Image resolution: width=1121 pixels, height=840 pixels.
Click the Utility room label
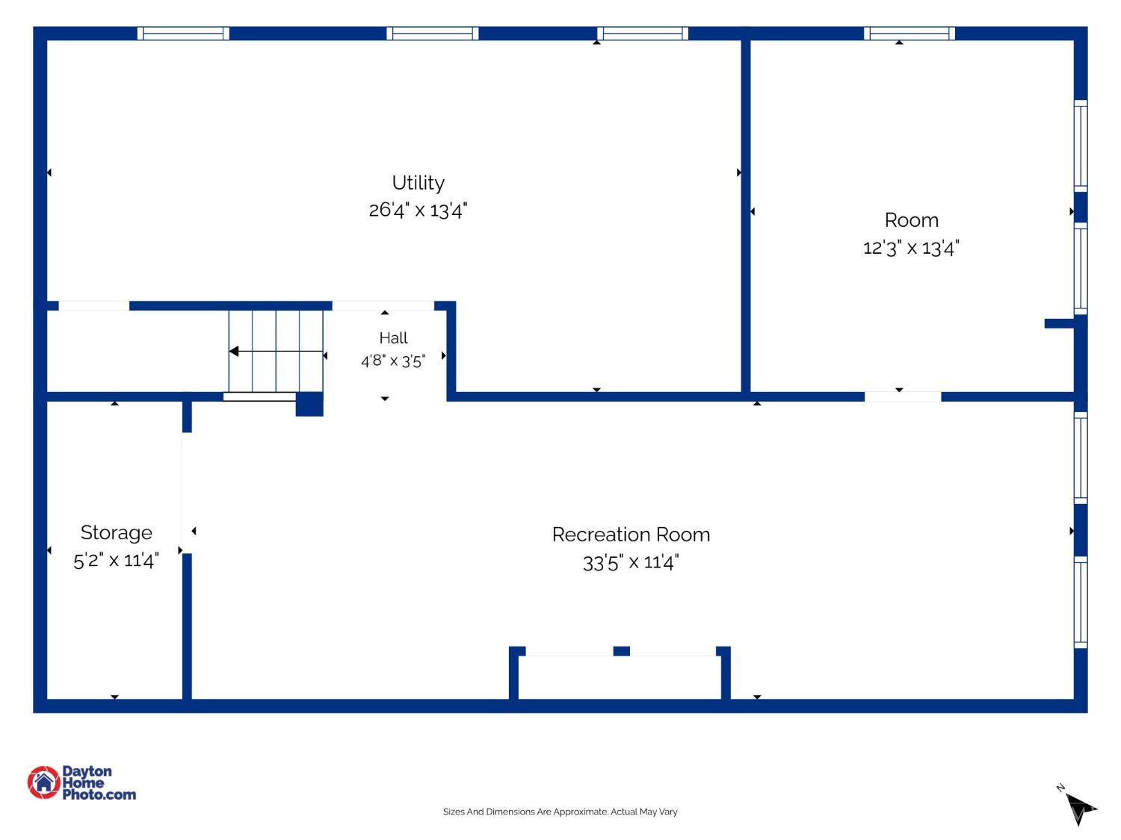pos(418,183)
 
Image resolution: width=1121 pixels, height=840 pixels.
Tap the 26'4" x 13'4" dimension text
pos(418,210)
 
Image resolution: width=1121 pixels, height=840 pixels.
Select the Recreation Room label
pos(631,535)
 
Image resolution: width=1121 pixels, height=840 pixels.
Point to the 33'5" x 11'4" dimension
pos(631,562)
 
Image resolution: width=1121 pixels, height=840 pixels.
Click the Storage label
pos(116,532)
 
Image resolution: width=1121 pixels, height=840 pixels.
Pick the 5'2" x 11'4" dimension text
pos(116,561)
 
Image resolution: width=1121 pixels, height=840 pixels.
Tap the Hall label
pos(393,337)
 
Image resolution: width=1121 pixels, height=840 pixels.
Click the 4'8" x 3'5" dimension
pos(393,361)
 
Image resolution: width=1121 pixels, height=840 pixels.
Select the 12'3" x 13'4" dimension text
pos(911,249)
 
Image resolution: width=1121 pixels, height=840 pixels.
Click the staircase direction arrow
pos(276,352)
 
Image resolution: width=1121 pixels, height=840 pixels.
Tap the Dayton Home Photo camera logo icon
pos(43,782)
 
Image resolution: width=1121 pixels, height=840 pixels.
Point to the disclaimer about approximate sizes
pos(560,812)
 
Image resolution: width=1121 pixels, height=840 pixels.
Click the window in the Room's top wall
pos(909,34)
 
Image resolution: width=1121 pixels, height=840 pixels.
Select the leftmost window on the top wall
pos(183,34)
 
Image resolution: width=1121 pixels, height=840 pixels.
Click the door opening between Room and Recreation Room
pos(903,396)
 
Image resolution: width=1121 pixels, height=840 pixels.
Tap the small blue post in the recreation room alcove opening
pos(621,651)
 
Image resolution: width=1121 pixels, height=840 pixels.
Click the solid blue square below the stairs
pos(309,404)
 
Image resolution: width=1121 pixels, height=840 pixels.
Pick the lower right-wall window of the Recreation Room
pos(1080,603)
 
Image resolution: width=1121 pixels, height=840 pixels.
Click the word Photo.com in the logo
pos(99,794)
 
